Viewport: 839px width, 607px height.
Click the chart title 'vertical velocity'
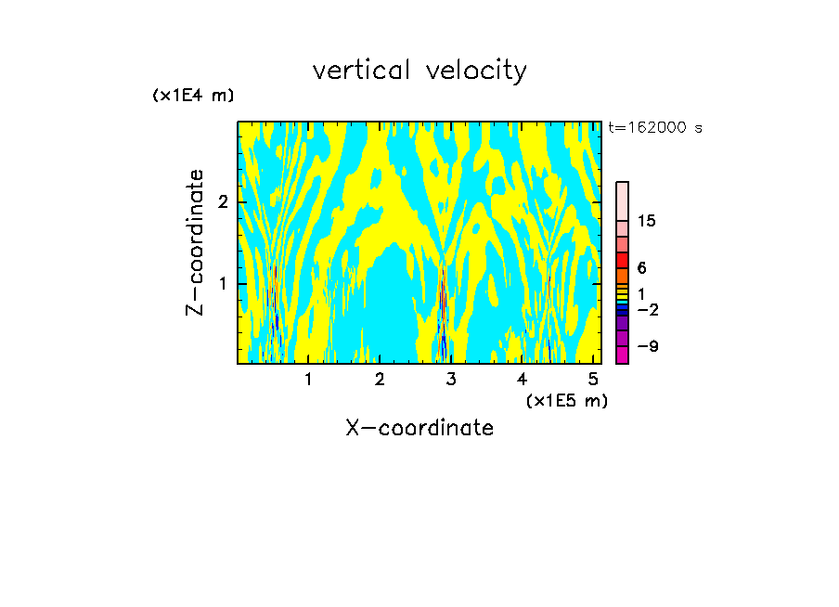click(419, 71)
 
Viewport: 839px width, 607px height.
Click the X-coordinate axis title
click(419, 428)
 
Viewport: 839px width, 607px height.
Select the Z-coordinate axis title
click(195, 242)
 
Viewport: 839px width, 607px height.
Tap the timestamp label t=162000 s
click(655, 128)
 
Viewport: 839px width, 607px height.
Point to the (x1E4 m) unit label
click(193, 96)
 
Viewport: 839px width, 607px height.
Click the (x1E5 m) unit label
click(566, 401)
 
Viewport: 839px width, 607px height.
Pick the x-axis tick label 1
click(309, 379)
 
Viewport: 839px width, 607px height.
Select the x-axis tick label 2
click(380, 379)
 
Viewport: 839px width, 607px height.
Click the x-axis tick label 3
click(451, 379)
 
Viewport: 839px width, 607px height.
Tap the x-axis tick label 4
click(522, 379)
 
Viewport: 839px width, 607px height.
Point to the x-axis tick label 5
click(593, 379)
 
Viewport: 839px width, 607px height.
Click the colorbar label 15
click(647, 221)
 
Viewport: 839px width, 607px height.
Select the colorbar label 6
click(641, 268)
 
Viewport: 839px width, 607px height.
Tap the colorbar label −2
click(647, 310)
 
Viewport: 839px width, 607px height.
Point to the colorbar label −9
click(647, 347)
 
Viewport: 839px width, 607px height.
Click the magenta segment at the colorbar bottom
click(622, 355)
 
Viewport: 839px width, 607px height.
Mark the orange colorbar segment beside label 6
click(622, 276)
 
